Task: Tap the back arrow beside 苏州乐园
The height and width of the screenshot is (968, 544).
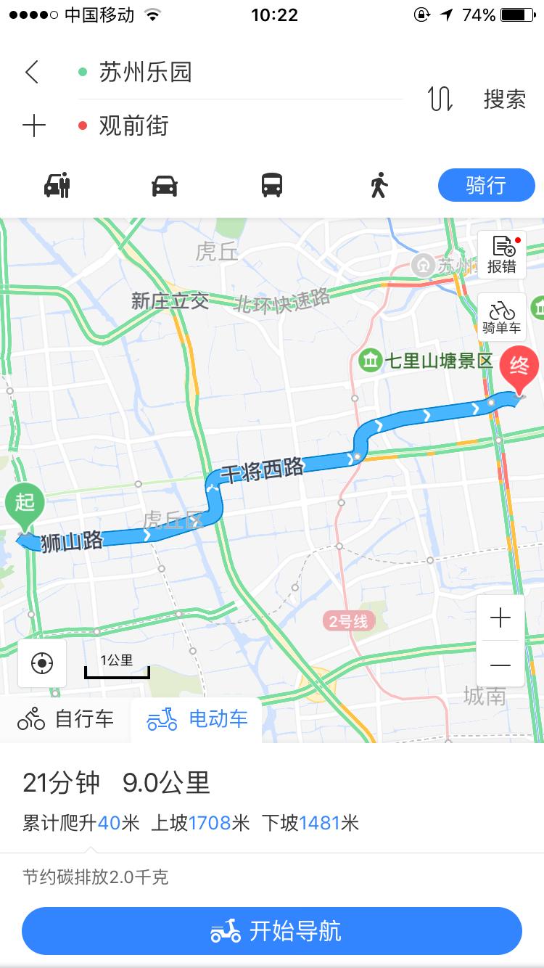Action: [x=31, y=72]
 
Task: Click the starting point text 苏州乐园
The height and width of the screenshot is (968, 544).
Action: [x=145, y=72]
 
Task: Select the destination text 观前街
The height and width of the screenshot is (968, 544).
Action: [x=133, y=126]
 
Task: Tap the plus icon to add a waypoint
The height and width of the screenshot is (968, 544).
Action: [x=33, y=126]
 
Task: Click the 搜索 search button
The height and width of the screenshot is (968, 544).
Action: [x=504, y=99]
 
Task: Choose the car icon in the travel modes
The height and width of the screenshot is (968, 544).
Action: [x=165, y=186]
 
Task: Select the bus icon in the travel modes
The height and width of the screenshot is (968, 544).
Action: [x=272, y=186]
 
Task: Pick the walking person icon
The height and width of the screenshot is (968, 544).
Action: [x=379, y=186]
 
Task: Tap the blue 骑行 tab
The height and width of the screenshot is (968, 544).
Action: [x=486, y=186]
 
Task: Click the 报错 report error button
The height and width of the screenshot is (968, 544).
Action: [x=501, y=255]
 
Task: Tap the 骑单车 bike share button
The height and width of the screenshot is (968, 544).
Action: [x=501, y=317]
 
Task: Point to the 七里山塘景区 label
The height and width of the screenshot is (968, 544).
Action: [x=428, y=360]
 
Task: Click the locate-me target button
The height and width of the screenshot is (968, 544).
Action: [x=42, y=663]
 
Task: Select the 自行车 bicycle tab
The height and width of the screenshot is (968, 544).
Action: [x=66, y=718]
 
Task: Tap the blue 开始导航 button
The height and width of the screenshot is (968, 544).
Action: [x=272, y=930]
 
